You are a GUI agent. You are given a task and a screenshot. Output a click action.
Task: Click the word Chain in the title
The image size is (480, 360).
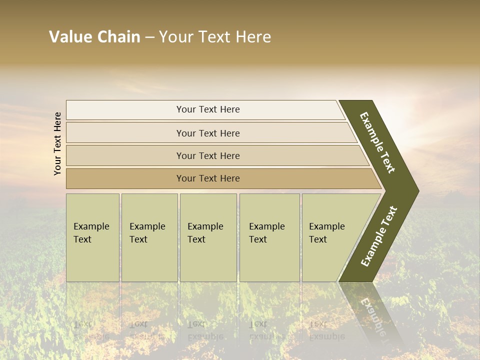click(118, 37)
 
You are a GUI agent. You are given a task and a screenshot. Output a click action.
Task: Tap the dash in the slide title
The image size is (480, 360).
click(149, 37)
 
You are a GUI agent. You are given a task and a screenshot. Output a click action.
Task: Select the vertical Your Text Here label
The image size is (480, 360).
click(57, 143)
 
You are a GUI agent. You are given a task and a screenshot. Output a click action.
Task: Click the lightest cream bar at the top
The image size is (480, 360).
click(207, 109)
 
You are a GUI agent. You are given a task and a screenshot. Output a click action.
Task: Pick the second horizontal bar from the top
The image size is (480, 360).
click(207, 133)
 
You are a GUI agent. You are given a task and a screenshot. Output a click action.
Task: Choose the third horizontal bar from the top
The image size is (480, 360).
click(207, 155)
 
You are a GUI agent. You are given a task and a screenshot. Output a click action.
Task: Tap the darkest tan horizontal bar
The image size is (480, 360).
click(207, 178)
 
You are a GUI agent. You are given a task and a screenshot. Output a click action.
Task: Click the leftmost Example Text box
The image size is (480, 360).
click(92, 237)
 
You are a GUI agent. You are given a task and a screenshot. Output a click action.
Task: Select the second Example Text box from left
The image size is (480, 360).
click(149, 237)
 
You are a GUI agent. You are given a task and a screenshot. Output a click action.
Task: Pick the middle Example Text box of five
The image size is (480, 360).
click(208, 237)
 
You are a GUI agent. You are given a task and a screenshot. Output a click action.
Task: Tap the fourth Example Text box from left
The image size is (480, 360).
click(269, 237)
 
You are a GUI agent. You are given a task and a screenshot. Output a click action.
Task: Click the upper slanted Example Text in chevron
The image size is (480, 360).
click(378, 142)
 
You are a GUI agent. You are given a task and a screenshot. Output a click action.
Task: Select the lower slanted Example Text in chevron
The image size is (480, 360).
click(379, 236)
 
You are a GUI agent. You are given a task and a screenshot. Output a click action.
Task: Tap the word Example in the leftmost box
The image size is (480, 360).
click(91, 226)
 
